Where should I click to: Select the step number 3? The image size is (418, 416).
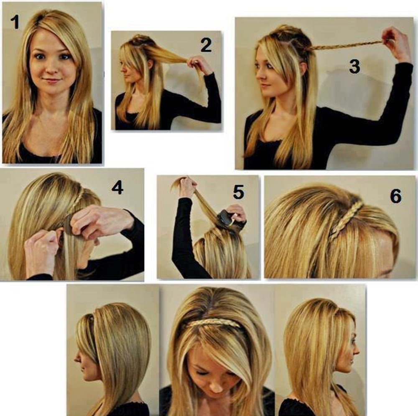point(354,66)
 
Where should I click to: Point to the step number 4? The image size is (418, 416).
point(117,187)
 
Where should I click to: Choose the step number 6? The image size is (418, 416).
point(395,196)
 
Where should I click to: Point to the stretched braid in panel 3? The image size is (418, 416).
point(347,45)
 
